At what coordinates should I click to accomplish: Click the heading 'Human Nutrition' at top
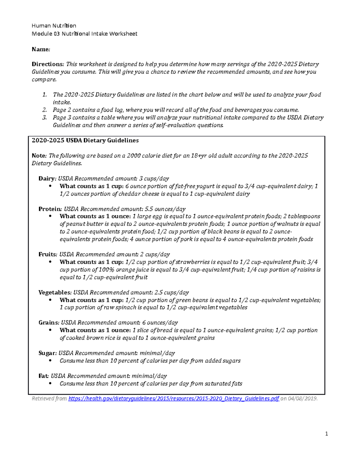[54, 26]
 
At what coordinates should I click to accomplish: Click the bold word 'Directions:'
[48, 64]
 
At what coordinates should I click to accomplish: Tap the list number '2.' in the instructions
[44, 110]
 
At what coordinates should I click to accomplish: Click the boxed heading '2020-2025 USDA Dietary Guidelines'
[85, 140]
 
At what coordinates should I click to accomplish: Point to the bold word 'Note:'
[39, 156]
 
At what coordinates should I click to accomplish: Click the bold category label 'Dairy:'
[47, 179]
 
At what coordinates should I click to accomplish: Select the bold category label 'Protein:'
[50, 209]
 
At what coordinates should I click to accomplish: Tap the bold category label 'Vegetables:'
[55, 293]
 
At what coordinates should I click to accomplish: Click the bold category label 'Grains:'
[49, 323]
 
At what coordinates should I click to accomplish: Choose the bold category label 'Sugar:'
[47, 353]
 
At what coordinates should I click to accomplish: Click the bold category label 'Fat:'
[44, 376]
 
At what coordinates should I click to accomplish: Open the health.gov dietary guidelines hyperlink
[174, 399]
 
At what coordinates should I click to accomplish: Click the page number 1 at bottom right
[327, 434]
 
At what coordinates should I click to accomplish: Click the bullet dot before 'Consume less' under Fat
[50, 383]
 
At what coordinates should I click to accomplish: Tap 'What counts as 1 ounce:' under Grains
[95, 330]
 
